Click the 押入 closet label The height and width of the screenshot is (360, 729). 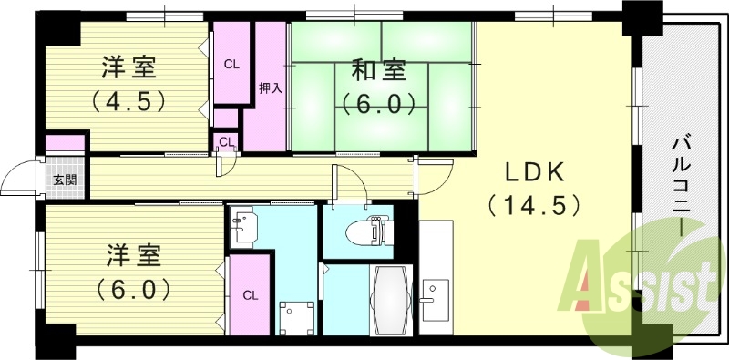coord(270,88)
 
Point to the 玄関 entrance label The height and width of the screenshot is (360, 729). coord(64,180)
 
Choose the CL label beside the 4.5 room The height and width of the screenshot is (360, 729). coord(231,64)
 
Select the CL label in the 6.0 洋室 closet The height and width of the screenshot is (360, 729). coord(250,294)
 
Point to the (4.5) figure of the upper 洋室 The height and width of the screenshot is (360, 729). coord(128,100)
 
